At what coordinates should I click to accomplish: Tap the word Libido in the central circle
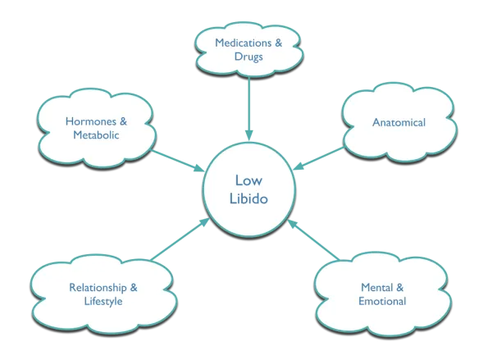point(247,200)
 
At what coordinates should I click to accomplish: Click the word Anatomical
point(399,123)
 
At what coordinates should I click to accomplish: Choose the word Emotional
point(384,303)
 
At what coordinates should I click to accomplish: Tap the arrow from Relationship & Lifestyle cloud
point(176,242)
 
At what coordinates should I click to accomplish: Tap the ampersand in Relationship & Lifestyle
point(133,288)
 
